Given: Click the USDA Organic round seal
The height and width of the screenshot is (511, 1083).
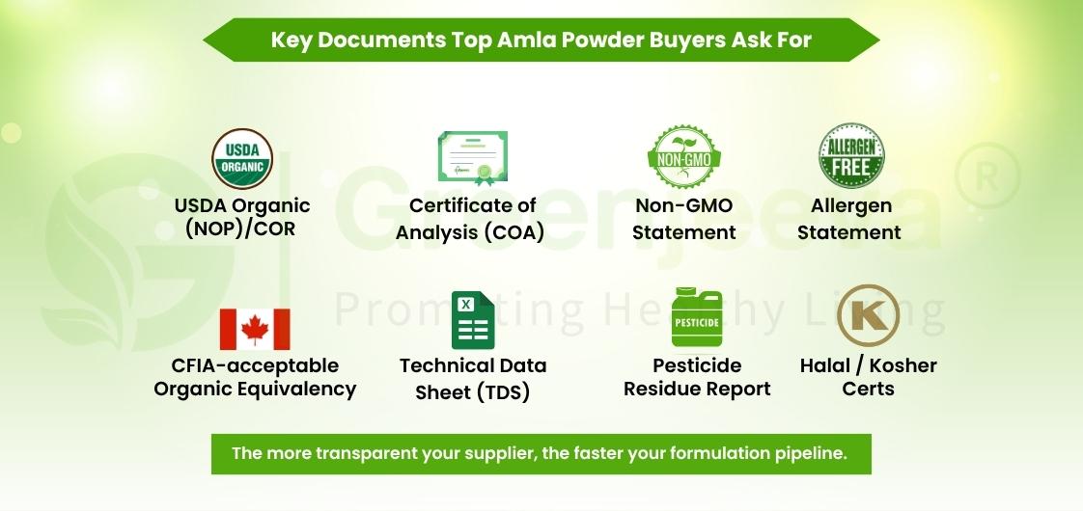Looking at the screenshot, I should [x=242, y=159].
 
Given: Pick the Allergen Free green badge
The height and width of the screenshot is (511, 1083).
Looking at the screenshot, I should [x=851, y=156].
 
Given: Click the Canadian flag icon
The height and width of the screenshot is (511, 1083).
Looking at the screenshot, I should [x=255, y=330].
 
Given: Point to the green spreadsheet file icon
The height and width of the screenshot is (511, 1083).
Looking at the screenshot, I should [x=473, y=321].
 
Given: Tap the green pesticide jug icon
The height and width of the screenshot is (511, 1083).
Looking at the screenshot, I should [x=696, y=318].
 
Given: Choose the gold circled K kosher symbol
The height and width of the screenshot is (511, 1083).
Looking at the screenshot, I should [x=868, y=315].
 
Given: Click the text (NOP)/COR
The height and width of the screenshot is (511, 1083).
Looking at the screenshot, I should [x=242, y=230].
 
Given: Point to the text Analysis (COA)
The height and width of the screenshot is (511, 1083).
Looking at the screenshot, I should [x=473, y=232].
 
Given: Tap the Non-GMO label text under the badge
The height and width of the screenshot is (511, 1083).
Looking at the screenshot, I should [x=684, y=205].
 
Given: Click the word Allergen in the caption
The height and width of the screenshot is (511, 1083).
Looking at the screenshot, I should [x=850, y=205].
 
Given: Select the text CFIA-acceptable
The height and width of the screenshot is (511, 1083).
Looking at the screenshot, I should [x=255, y=365].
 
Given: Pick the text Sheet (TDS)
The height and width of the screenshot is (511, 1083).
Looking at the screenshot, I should [x=473, y=392].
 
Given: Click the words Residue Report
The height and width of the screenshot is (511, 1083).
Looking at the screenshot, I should [x=697, y=389].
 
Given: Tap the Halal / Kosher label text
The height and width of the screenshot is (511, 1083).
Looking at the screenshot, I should [x=868, y=365].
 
